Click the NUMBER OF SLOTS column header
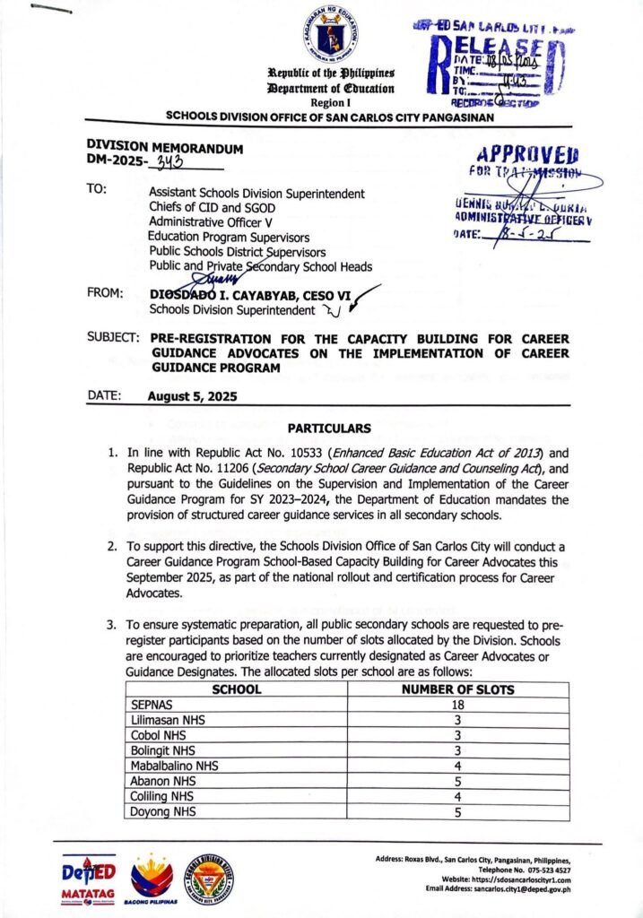pos(457,689)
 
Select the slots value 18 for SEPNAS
pos(457,705)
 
